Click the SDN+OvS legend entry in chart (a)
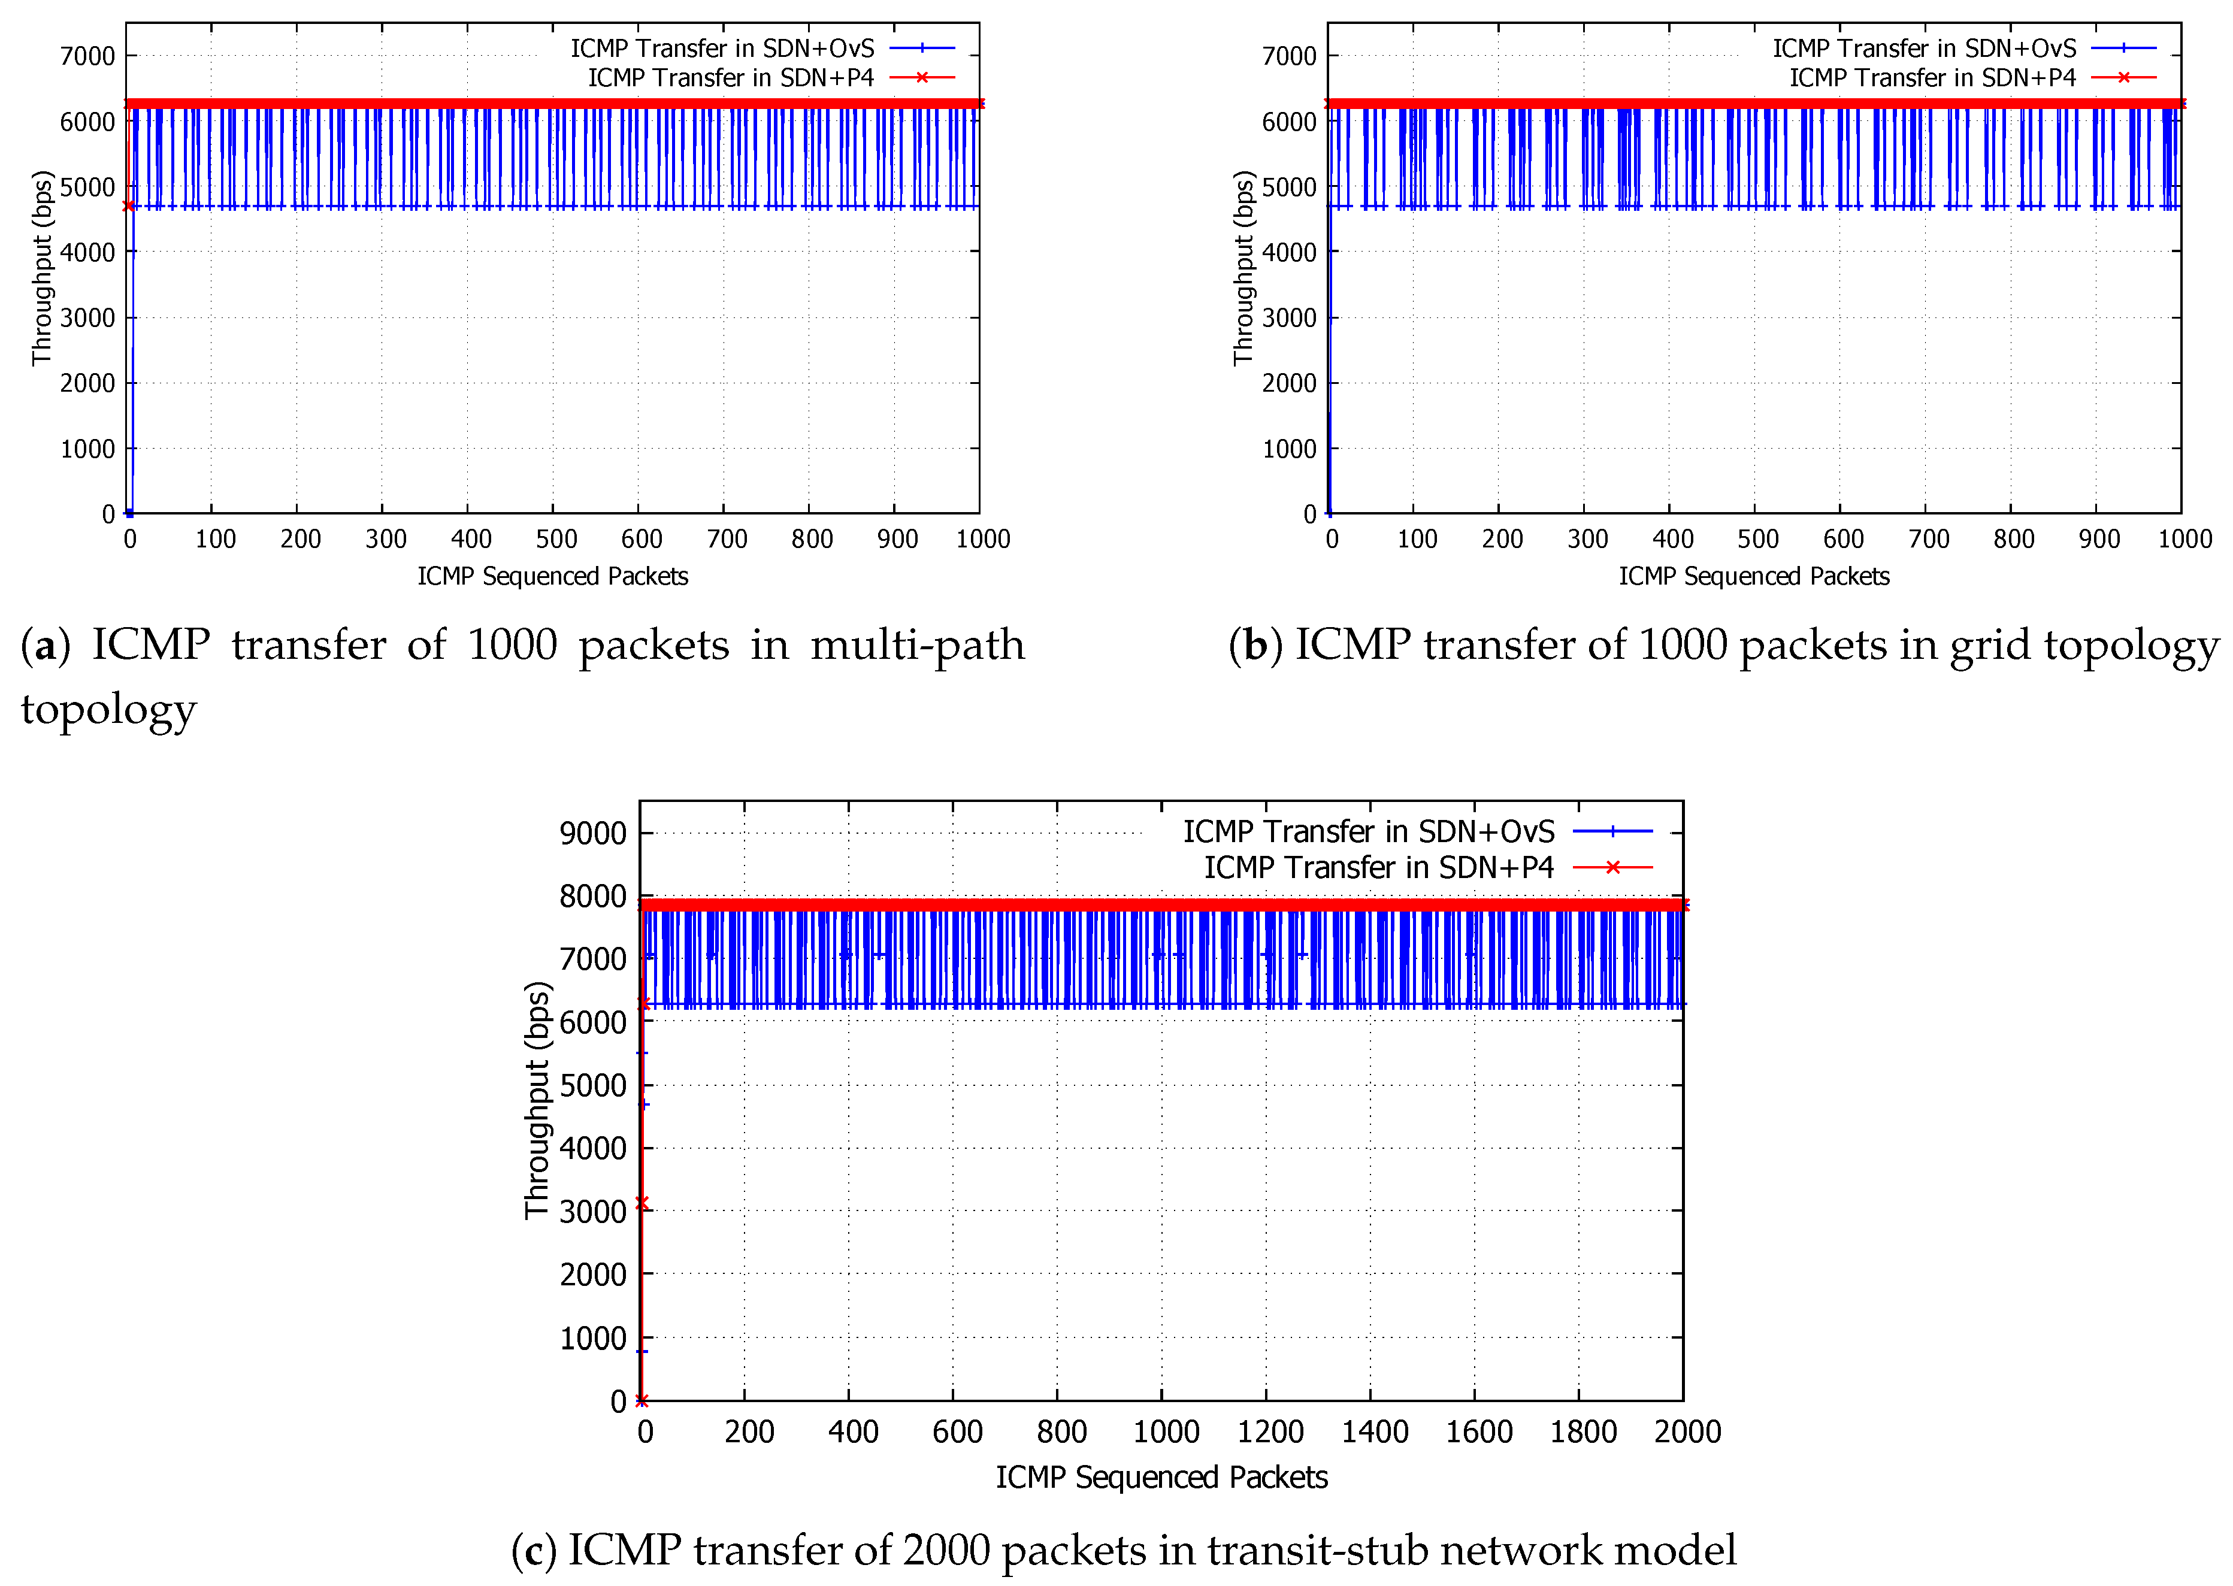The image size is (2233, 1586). pyautogui.click(x=722, y=48)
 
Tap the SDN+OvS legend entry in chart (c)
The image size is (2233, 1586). pyautogui.click(x=1368, y=831)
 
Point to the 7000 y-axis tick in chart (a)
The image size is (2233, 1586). pyautogui.click(x=88, y=56)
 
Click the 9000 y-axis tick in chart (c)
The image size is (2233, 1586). pyautogui.click(x=592, y=833)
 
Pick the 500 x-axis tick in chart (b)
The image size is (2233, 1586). pyautogui.click(x=1757, y=539)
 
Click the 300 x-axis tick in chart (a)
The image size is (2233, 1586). pyautogui.click(x=386, y=539)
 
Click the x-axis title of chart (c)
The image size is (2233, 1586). pyautogui.click(x=1161, y=1476)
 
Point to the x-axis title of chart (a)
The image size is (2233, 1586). pyautogui.click(x=553, y=576)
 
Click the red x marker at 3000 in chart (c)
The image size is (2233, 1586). pyautogui.click(x=642, y=1203)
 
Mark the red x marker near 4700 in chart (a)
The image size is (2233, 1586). pyautogui.click(x=128, y=206)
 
